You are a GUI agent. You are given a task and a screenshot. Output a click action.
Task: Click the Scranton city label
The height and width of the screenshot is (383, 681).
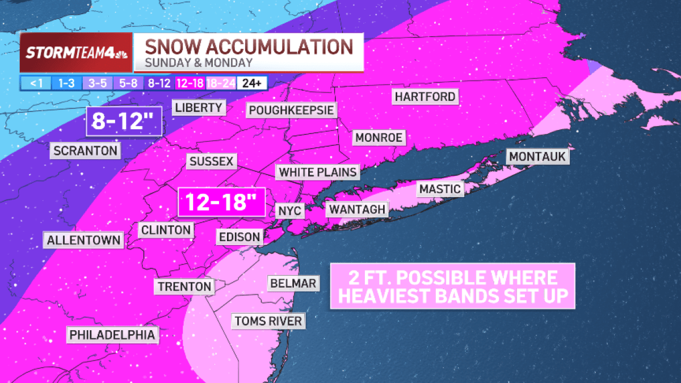(x=86, y=151)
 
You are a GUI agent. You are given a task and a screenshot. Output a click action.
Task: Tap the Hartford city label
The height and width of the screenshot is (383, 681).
(x=425, y=97)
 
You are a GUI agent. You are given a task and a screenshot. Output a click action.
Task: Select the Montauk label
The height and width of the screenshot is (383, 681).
(x=538, y=157)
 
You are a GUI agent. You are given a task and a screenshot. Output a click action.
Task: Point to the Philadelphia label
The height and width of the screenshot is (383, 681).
(x=112, y=335)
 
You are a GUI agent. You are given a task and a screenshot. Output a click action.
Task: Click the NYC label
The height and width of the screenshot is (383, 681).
(x=290, y=211)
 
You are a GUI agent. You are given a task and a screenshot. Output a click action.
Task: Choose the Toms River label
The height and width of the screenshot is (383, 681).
(x=268, y=322)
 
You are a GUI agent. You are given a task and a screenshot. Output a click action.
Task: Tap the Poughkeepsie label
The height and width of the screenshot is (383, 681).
(x=291, y=110)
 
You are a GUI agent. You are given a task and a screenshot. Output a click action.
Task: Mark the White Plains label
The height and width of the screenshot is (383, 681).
(x=318, y=172)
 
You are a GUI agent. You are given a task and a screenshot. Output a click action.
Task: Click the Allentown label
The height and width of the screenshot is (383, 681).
(x=84, y=240)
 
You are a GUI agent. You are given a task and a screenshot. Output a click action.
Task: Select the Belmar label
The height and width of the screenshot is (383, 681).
(x=293, y=283)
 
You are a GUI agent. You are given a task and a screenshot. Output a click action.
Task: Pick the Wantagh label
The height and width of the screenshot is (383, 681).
(x=357, y=209)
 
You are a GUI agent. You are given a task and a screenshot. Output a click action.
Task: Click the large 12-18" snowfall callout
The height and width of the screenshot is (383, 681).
(x=221, y=202)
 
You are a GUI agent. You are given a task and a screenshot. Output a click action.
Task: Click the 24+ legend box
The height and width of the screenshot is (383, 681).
(x=251, y=83)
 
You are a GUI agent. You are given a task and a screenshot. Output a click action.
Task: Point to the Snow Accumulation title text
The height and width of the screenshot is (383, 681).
(x=247, y=46)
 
